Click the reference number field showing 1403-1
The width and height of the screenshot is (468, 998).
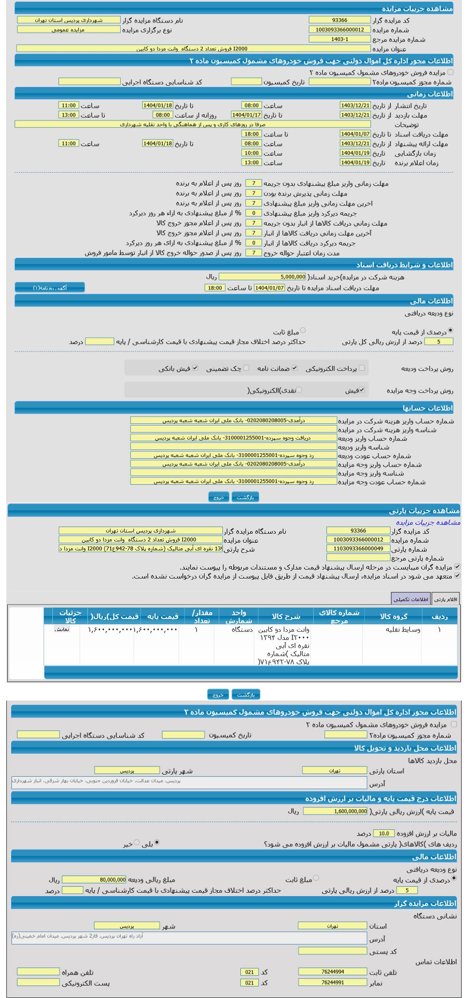coord(340,39)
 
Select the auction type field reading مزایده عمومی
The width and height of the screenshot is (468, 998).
coord(69,29)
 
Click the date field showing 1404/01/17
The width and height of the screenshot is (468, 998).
coord(246,115)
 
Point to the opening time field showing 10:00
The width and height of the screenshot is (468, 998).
coord(251,153)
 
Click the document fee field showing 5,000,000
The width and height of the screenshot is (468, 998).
coord(262,277)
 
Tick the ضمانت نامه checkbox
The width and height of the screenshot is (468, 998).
coord(295,368)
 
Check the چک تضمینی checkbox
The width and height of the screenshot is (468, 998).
coord(246,368)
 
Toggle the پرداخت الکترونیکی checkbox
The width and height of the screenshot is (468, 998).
coord(362,368)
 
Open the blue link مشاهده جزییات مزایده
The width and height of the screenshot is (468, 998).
coord(428,522)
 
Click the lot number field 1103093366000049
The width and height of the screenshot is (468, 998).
coord(358,549)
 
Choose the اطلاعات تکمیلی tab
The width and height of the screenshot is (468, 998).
coord(411,599)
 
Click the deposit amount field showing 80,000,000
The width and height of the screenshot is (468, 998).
coord(94,879)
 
